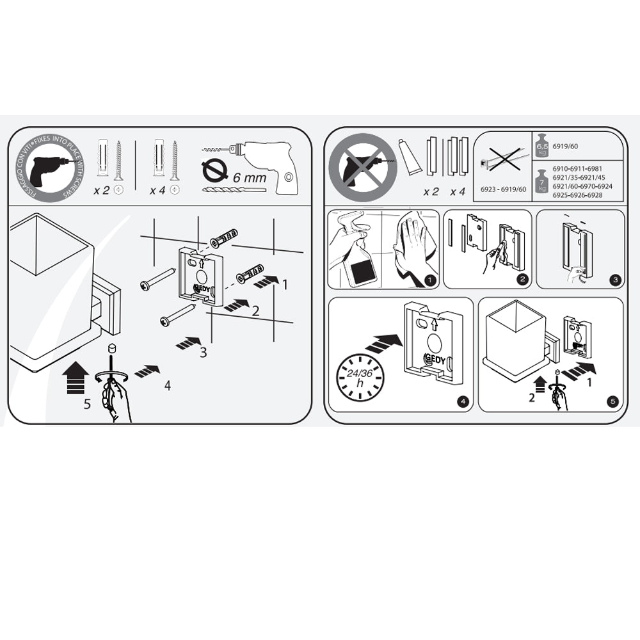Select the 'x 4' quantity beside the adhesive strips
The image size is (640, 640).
coord(458,191)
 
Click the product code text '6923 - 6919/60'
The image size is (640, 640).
coord(502,189)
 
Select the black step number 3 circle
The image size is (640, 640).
coord(615,279)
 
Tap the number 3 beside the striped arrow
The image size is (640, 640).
coord(203,351)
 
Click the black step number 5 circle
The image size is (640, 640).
coord(614,402)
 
